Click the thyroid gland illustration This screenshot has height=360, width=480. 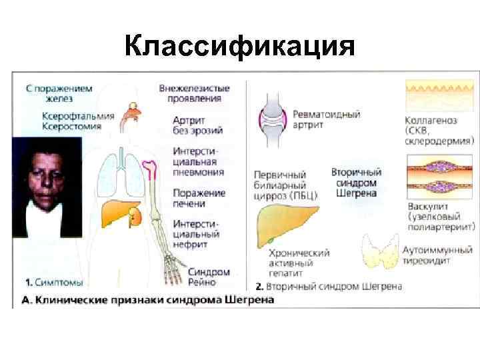tap(381, 254)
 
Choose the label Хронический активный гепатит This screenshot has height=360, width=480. tap(299, 263)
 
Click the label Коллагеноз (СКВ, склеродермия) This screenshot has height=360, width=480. tap(439, 131)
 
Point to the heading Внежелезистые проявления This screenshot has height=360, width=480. tap(195, 93)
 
